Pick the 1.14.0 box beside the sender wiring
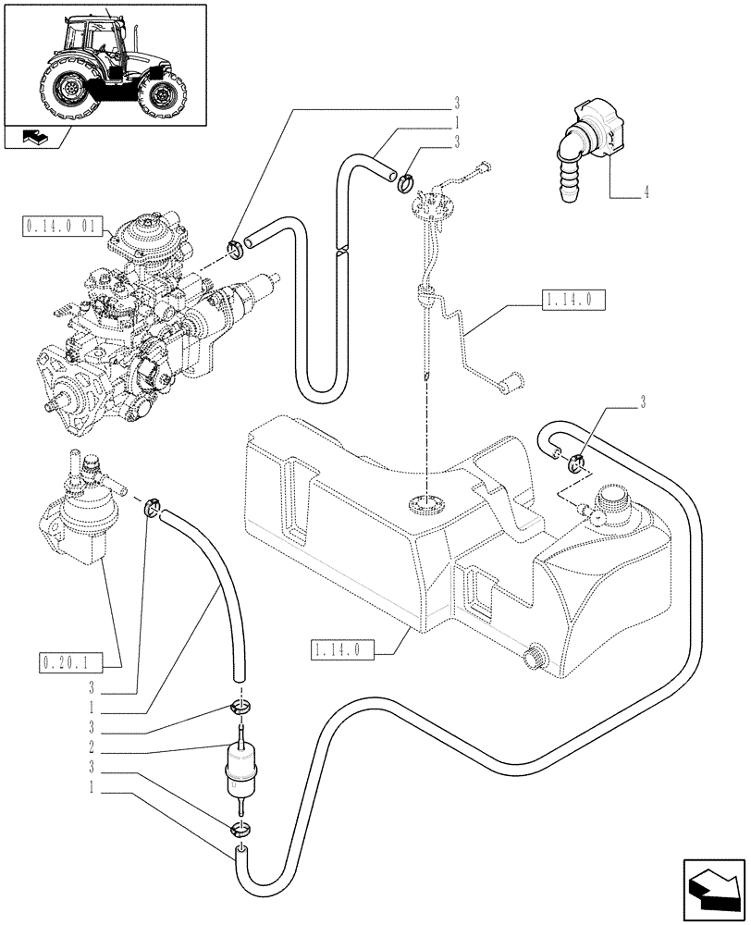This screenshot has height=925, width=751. click(569, 299)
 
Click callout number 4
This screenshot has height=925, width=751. click(646, 192)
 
